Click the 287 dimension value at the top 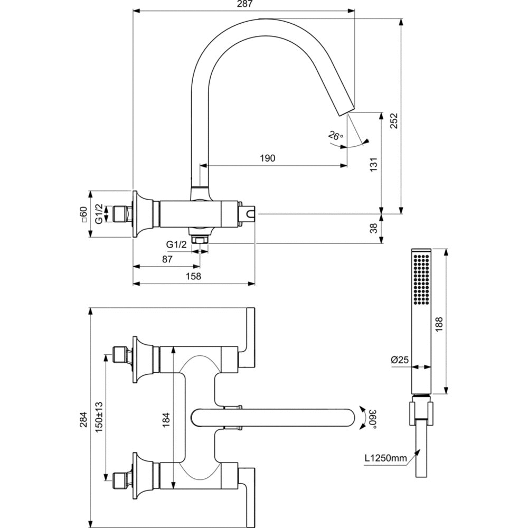(x=244, y=4)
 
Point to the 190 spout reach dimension (x=268, y=158)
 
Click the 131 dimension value (x=374, y=165)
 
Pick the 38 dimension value (x=374, y=229)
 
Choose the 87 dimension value (x=167, y=260)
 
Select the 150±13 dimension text (x=99, y=417)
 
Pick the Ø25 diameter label (x=400, y=360)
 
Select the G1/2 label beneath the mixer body (x=176, y=244)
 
